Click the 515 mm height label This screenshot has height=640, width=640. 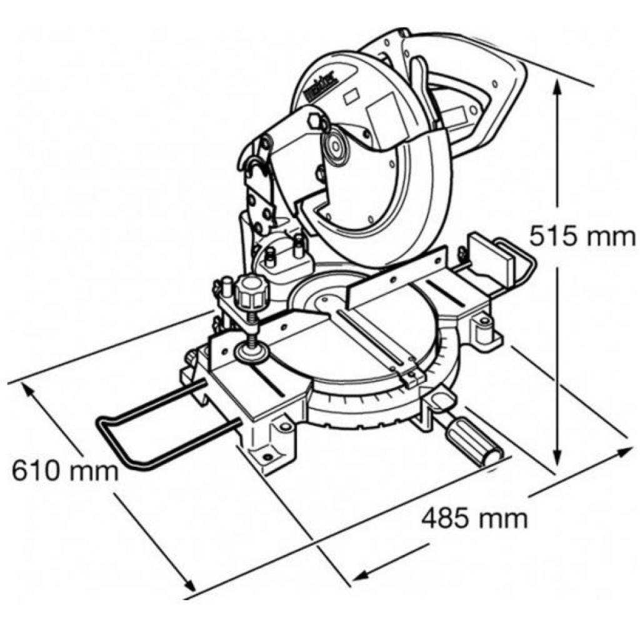click(x=582, y=237)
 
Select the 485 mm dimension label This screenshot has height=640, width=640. click(x=474, y=518)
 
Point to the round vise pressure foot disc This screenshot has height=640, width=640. click(x=252, y=352)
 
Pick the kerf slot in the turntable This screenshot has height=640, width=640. click(x=375, y=337)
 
